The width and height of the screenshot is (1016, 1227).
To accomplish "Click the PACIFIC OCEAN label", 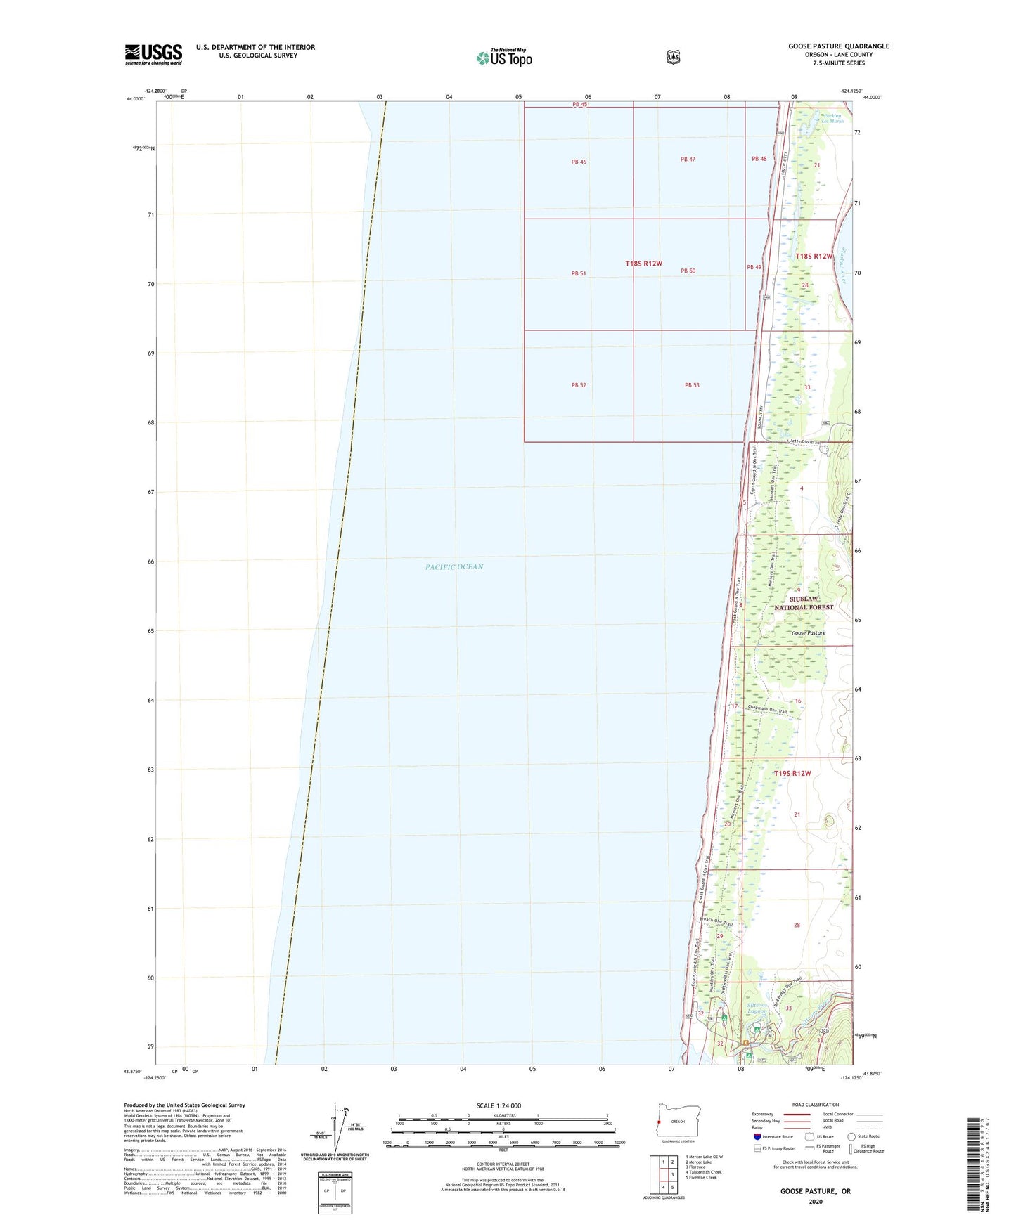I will coord(454,566).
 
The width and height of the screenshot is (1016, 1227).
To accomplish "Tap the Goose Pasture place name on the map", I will coord(808,633).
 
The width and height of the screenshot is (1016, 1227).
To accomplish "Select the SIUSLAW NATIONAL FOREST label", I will coord(804,603).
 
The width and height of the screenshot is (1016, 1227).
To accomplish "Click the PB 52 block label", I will coord(579,385).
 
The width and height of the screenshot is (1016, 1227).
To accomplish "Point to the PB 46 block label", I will coord(579,162).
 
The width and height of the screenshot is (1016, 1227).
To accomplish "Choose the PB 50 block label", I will coord(688,271).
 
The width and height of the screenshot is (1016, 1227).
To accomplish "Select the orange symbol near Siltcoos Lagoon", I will coord(745,1042).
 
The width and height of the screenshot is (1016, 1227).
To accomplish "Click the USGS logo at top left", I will coord(153,54).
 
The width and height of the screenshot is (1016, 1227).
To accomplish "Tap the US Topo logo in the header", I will coord(504,58).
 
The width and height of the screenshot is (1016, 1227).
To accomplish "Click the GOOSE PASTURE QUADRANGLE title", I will coord(838,46).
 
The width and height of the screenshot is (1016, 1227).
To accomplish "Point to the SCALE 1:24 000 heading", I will coord(499,1105).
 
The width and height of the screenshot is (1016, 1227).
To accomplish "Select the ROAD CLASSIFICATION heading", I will coord(815,1105).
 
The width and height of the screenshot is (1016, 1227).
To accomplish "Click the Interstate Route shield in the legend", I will coord(757,1136).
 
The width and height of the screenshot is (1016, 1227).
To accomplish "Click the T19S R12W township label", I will coord(792,774).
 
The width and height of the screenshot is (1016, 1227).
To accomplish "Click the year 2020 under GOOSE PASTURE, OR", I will coord(815,1201).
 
